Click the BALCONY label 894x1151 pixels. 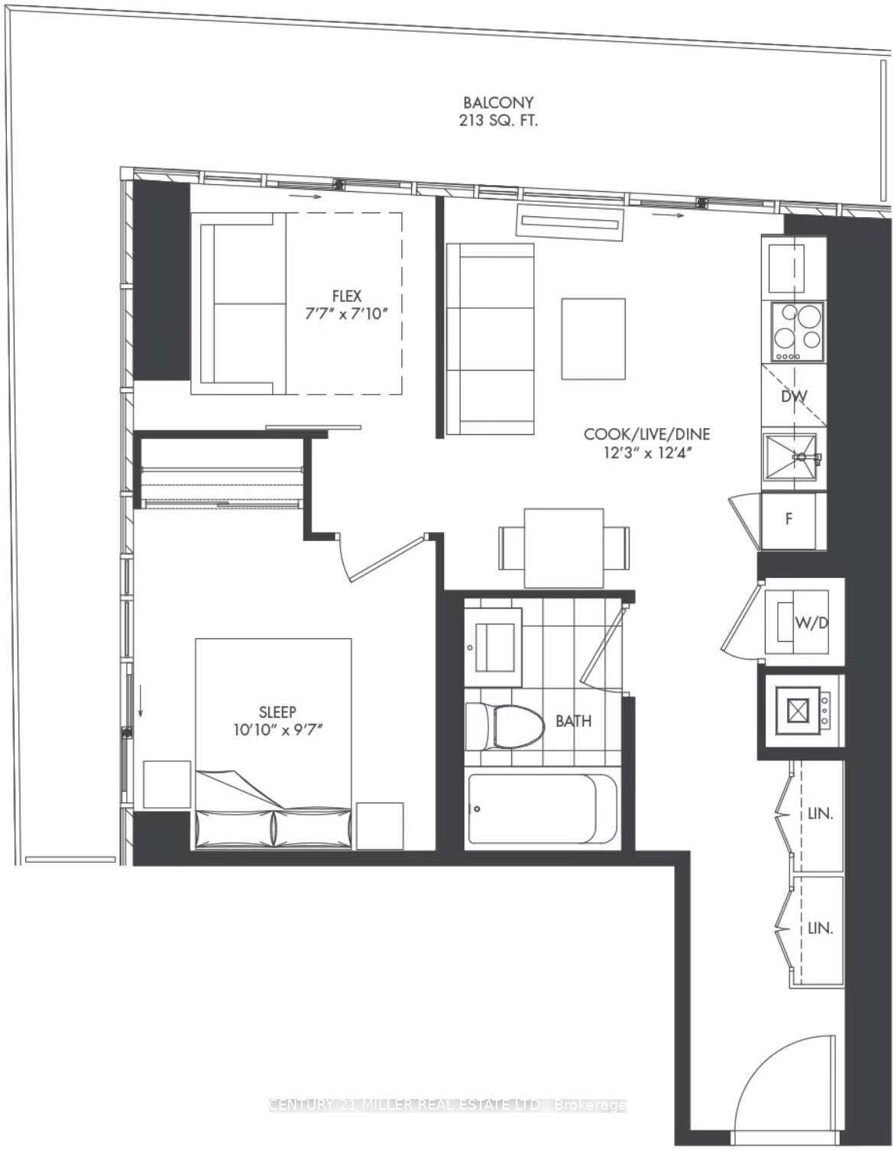[498, 102]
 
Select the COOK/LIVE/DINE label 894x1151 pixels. [646, 435]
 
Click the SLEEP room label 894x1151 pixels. [277, 712]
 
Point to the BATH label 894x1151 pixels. [573, 721]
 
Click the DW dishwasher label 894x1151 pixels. [794, 397]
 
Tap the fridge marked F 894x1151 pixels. [789, 519]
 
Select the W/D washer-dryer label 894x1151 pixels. [811, 623]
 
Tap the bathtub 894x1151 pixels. [542, 810]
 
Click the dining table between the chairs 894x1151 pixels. [564, 546]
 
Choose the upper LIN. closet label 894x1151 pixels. [820, 814]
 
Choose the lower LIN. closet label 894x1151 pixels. [820, 929]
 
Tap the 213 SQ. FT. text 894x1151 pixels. [498, 121]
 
